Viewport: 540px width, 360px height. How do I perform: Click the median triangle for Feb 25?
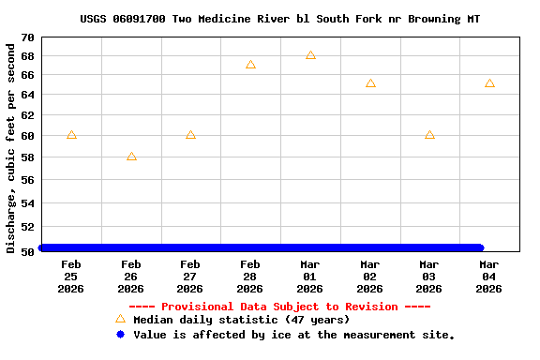[71, 135]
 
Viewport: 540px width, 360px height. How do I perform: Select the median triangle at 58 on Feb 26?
[131, 157]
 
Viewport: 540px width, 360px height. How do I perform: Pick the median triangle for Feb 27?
[190, 135]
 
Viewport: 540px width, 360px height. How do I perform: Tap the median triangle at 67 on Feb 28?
[250, 65]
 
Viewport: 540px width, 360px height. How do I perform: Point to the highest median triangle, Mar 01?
[310, 55]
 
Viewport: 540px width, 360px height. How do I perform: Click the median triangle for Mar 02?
[370, 83]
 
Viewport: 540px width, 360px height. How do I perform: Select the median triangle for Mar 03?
[429, 135]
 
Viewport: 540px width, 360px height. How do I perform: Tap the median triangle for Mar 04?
[489, 83]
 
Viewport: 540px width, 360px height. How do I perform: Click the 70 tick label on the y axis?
[27, 37]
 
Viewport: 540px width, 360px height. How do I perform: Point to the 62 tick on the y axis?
[27, 115]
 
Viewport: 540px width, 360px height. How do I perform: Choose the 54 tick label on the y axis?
[27, 202]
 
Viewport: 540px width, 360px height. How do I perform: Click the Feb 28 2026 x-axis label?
[250, 277]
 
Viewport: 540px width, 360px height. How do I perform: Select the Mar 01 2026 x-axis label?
[310, 277]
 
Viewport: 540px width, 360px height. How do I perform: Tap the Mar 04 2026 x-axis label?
[489, 277]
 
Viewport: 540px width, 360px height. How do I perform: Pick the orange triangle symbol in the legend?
[120, 320]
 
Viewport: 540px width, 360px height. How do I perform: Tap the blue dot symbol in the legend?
[120, 335]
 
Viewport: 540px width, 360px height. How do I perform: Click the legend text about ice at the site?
[293, 335]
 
